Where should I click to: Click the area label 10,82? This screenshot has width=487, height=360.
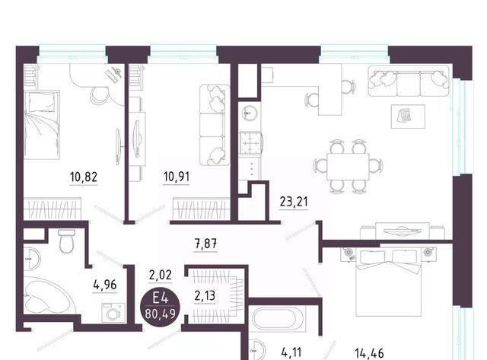click(84, 177)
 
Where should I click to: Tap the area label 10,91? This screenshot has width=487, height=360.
click(177, 177)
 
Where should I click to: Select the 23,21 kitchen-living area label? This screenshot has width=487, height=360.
click(294, 202)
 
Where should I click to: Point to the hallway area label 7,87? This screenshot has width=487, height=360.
click(205, 244)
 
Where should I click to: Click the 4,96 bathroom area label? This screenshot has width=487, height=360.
click(105, 285)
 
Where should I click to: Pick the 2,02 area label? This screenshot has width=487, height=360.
click(161, 275)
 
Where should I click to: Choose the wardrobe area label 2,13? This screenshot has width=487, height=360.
click(205, 296)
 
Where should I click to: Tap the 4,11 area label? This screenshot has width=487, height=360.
click(291, 353)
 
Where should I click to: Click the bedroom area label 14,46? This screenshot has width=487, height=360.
click(369, 353)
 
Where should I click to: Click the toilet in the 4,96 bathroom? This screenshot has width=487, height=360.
click(66, 241)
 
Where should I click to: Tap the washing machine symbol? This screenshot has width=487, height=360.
click(113, 313)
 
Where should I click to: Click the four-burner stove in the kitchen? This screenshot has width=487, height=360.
click(251, 144)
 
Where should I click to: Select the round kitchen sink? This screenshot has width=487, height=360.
click(249, 113)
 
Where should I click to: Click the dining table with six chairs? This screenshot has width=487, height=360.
click(348, 167)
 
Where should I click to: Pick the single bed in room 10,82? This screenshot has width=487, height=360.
click(42, 125)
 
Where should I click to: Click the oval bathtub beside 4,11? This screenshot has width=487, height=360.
click(277, 319)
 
